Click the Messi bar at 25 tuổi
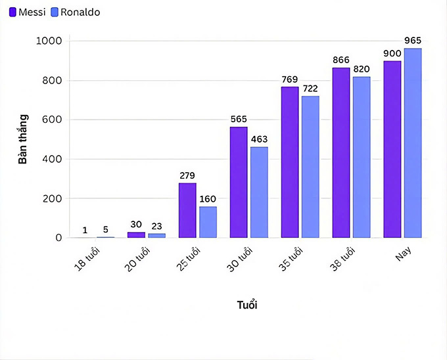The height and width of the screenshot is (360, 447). click(x=187, y=210)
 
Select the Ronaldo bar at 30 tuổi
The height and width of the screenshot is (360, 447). click(x=259, y=192)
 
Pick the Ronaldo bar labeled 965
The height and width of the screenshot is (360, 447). click(x=413, y=143)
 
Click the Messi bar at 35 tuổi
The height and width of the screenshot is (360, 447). click(x=290, y=162)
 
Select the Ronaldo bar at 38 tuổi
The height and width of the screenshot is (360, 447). click(x=362, y=157)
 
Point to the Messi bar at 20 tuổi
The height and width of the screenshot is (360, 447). click(x=136, y=235)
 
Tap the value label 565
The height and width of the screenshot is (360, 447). click(x=239, y=120)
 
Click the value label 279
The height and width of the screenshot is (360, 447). click(x=187, y=175)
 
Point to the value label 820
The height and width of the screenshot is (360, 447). click(x=362, y=70)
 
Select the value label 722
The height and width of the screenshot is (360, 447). click(x=310, y=89)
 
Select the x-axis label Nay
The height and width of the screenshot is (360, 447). click(x=403, y=254)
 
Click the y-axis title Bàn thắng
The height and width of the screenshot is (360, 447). click(x=23, y=139)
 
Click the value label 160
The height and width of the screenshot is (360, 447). click(x=208, y=199)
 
